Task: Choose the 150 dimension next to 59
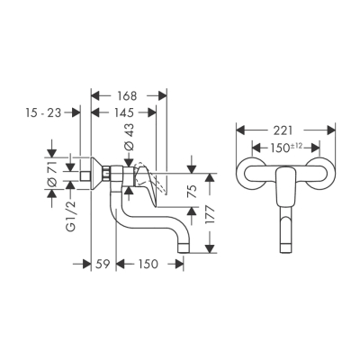click(150, 264)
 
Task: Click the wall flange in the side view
click(88, 175)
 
